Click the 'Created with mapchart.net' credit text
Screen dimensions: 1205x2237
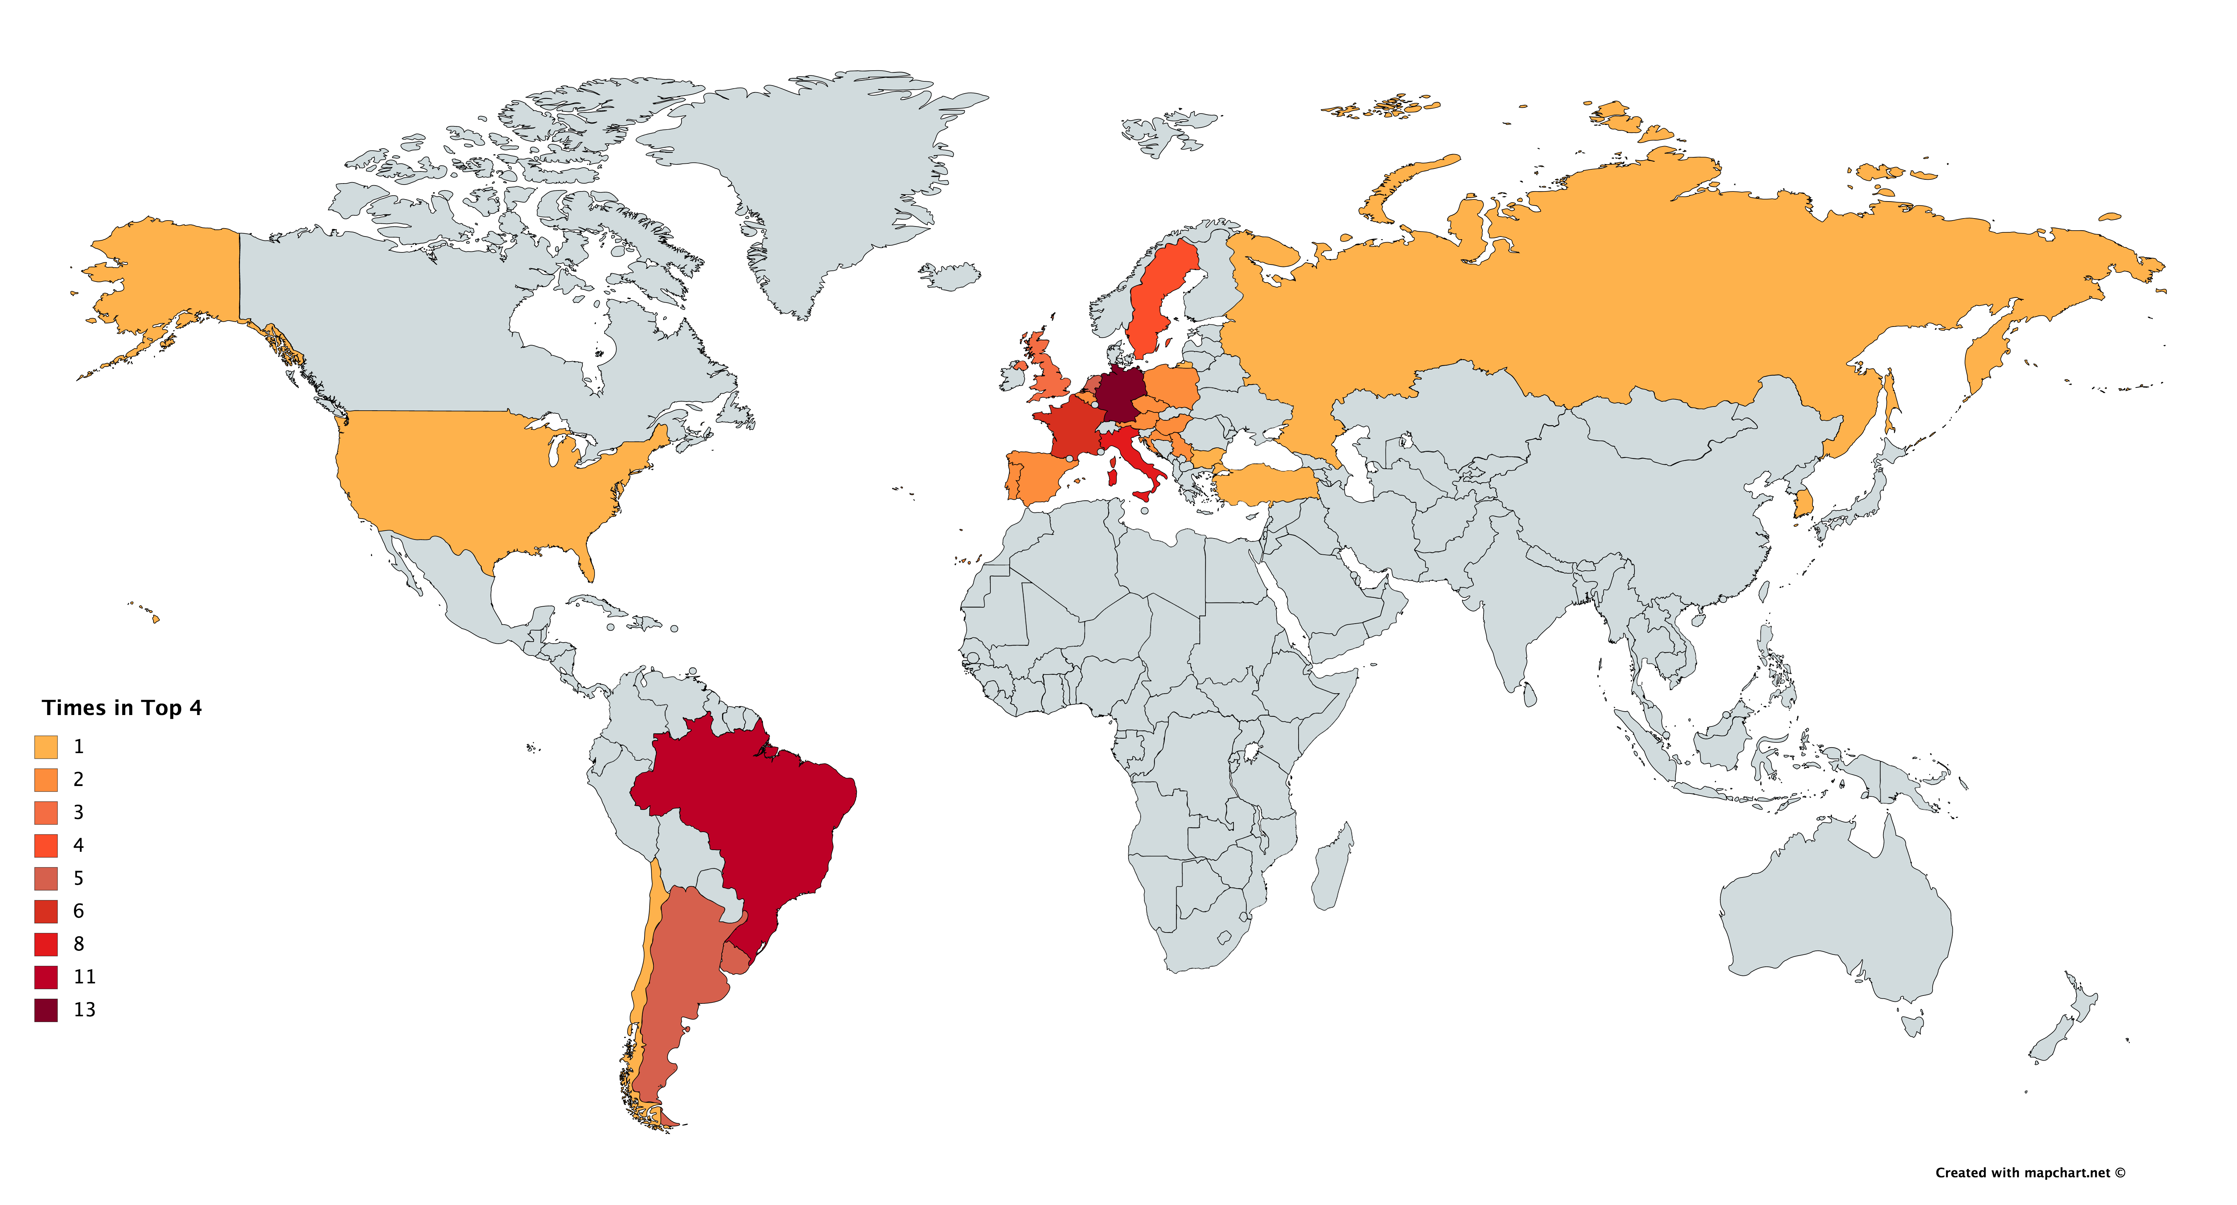[2030, 1173]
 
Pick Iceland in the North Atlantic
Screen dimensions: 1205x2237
[951, 275]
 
